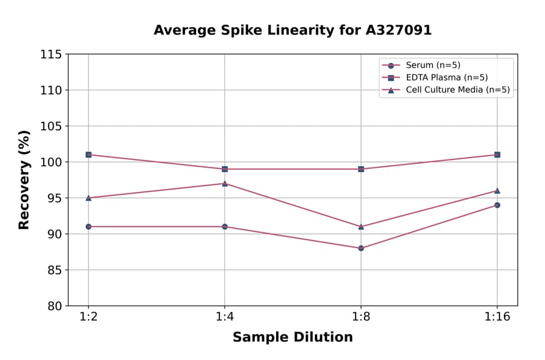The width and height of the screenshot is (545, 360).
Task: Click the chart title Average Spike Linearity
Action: (292, 30)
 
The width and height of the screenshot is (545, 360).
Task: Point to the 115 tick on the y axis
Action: (51, 55)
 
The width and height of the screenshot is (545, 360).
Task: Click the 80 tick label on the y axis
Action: (54, 306)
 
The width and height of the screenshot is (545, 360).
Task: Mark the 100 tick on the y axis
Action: (51, 162)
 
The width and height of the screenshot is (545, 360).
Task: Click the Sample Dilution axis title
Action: (292, 338)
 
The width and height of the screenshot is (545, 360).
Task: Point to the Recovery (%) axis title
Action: (24, 180)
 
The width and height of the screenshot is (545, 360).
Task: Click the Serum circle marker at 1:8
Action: (361, 248)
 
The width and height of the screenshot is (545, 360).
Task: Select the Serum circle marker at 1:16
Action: (497, 205)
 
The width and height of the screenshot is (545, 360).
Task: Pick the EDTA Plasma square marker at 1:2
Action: (88, 155)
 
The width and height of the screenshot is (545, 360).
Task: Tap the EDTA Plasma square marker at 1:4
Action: (225, 169)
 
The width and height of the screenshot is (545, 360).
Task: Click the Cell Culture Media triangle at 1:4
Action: (225, 183)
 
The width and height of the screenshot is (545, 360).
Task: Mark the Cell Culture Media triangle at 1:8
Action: (361, 226)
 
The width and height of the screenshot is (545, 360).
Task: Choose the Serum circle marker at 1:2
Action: (88, 227)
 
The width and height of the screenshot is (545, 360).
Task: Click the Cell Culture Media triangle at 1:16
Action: (497, 190)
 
